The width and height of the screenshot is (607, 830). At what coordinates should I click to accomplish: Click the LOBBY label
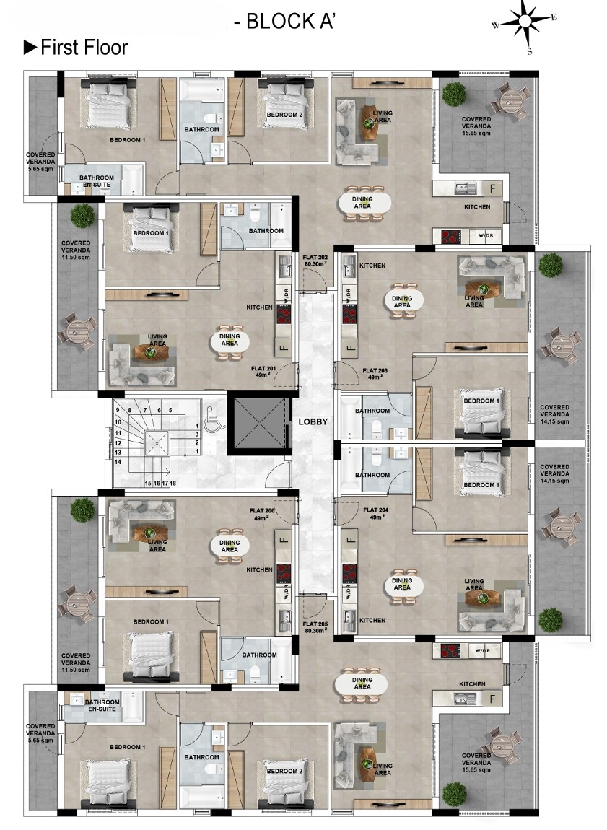click(x=313, y=422)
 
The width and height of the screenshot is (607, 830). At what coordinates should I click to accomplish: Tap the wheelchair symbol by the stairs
click(x=214, y=416)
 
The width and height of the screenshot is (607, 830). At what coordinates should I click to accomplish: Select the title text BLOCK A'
click(x=291, y=22)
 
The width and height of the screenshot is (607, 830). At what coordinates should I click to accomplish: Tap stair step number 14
click(x=118, y=462)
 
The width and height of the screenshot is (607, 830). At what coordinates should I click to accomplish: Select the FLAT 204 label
click(x=376, y=513)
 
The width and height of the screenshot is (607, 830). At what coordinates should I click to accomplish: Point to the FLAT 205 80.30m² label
click(x=315, y=627)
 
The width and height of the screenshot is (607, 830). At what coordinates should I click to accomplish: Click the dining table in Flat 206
click(x=230, y=546)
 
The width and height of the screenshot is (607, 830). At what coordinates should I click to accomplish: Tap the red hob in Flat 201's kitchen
click(x=284, y=315)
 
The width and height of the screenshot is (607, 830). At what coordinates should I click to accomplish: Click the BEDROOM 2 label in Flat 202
click(x=284, y=115)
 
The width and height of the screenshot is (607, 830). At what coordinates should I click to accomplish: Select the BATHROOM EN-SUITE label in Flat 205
click(x=102, y=706)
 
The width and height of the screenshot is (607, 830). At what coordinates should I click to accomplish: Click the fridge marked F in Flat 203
click(x=349, y=348)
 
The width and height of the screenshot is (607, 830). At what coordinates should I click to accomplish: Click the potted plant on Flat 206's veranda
click(x=82, y=510)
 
